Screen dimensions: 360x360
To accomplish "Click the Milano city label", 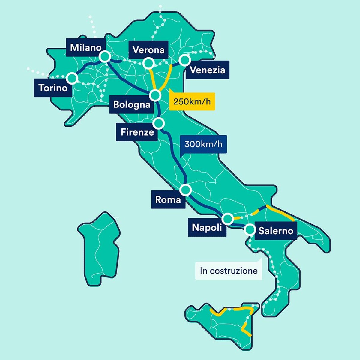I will coord(85,48).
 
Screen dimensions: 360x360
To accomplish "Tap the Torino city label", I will coord(53,88).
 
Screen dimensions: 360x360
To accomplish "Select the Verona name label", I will coord(148,50).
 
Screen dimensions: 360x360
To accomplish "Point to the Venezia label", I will coord(207,70).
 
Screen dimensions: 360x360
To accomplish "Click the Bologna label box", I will coord(132,105).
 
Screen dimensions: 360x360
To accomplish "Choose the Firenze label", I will coord(137,132).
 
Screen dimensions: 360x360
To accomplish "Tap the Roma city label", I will coord(168,199).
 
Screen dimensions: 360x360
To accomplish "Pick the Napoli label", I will coord(207,227).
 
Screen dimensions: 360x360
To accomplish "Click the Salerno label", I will coord(275,231).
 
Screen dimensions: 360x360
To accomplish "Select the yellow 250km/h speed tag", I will coord(192,101).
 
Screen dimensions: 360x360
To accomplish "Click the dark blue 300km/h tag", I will coord(203,144).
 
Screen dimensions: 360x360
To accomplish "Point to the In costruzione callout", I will coord(228,271).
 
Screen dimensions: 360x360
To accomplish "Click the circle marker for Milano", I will coord(105,56).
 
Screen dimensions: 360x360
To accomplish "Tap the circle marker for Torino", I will coord(72,78).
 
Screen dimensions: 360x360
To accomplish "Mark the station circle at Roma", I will coord(186,190).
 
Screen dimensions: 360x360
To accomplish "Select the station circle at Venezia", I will coord(185,60).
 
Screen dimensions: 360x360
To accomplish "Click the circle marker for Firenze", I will coord(159,123).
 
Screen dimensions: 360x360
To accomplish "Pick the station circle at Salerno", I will coord(249,229).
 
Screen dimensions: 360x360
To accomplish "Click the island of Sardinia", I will coord(99,249).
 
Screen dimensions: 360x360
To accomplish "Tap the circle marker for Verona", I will coord(148,63).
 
